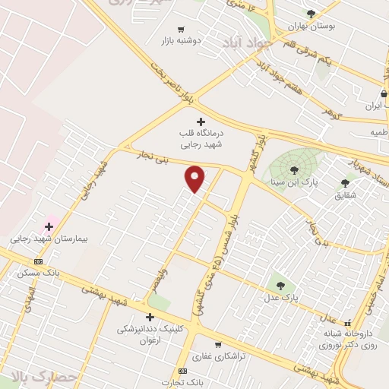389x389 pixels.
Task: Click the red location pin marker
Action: (195, 178)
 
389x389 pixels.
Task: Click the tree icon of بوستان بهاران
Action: (311, 14)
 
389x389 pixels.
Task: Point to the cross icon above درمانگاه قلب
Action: (201, 122)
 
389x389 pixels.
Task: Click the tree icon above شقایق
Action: (345, 183)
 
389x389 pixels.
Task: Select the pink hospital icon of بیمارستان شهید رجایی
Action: (49, 226)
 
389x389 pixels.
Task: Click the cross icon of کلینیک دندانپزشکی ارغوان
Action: (150, 317)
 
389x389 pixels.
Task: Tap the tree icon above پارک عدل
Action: (281, 286)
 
